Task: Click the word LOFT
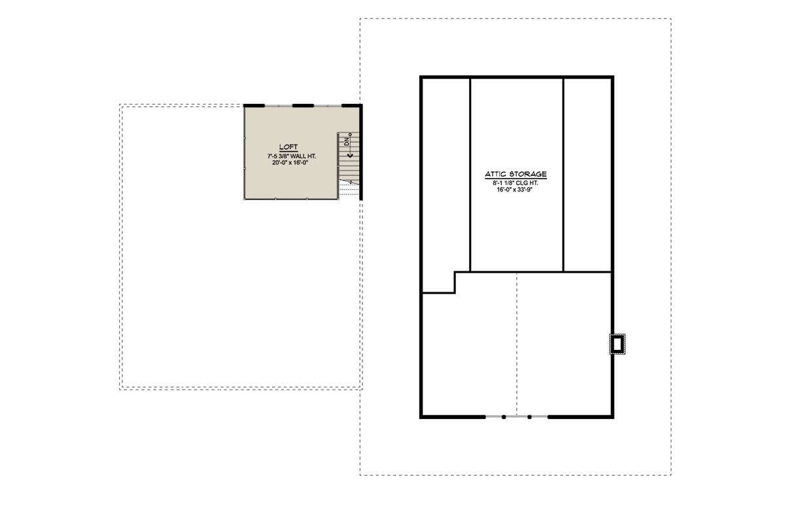288,147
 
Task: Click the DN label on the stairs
347,142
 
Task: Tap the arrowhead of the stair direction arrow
350,154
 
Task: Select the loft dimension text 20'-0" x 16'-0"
290,163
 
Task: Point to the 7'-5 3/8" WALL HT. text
292,156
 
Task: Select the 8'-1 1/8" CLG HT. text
515,183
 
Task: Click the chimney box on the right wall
618,344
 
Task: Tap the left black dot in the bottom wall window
504,417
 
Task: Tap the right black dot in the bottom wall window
529,417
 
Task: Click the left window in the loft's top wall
278,105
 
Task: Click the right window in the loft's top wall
328,105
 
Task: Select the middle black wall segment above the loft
303,105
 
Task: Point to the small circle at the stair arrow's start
350,134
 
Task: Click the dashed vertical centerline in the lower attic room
517,344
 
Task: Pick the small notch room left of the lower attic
439,282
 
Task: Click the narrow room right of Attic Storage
587,175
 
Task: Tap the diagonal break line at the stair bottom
350,181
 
